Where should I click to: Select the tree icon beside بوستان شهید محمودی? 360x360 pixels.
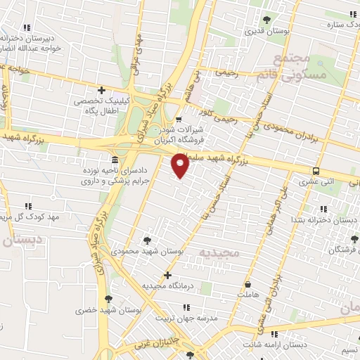coord(147,240)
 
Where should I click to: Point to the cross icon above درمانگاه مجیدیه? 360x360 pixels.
coord(167,275)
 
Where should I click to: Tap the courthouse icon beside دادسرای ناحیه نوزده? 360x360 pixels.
coord(114,160)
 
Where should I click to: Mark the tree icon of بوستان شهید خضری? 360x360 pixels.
coord(108,299)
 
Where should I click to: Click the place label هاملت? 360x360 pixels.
coord(248,295)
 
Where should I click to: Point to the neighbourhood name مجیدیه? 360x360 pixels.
coord(219,250)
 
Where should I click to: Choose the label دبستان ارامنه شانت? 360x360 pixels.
coord(276,345)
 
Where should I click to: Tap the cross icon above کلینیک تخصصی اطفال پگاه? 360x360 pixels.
coord(102,90)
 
